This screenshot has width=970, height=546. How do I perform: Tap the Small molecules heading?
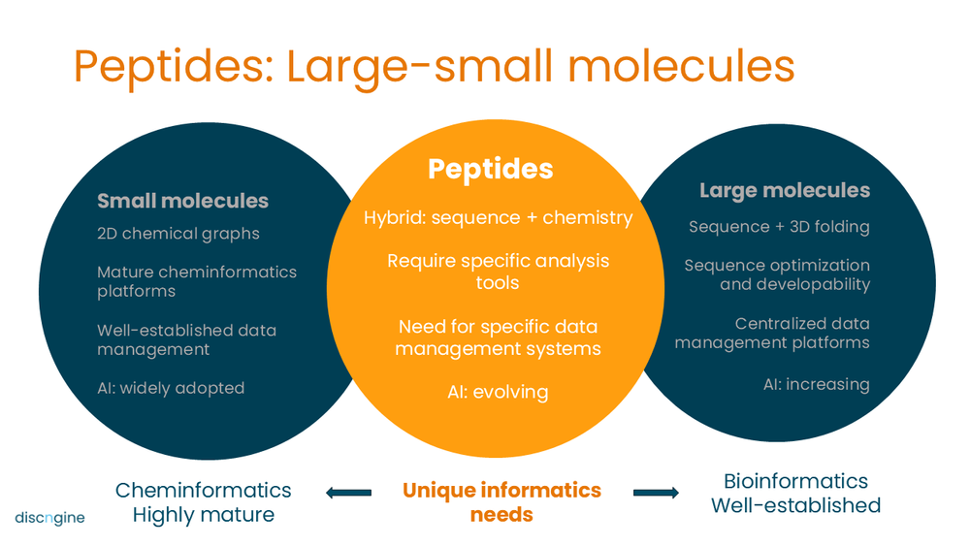pyautogui.click(x=182, y=201)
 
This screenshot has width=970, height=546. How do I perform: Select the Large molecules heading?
pyautogui.click(x=785, y=190)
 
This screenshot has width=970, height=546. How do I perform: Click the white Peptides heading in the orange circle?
pyautogui.click(x=491, y=169)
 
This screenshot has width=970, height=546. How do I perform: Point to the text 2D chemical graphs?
pyautogui.click(x=178, y=234)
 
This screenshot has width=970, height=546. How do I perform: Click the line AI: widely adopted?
pyautogui.click(x=171, y=388)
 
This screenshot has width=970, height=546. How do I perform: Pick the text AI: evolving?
pyautogui.click(x=499, y=392)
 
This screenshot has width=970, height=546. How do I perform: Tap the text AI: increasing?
pyautogui.click(x=816, y=384)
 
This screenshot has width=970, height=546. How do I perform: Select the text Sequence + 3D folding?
pyautogui.click(x=779, y=227)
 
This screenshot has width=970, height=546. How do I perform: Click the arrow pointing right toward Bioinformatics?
pyautogui.click(x=656, y=493)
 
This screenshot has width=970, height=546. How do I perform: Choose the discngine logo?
pyautogui.click(x=49, y=517)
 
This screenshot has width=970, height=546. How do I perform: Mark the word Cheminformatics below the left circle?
pyautogui.click(x=203, y=490)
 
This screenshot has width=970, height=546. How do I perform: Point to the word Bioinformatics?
pyautogui.click(x=795, y=481)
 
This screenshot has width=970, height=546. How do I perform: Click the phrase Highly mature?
pyautogui.click(x=203, y=514)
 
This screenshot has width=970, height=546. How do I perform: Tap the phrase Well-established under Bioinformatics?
pyautogui.click(x=795, y=505)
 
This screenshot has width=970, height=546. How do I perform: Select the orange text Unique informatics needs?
pyautogui.click(x=501, y=501)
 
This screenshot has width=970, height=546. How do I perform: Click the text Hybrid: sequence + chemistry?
pyautogui.click(x=498, y=217)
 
